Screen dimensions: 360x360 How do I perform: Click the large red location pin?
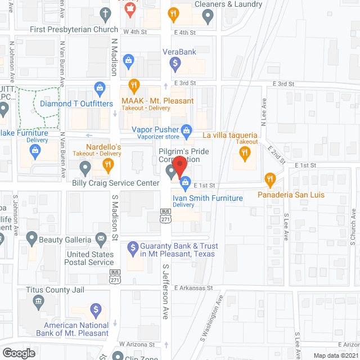point(179,167)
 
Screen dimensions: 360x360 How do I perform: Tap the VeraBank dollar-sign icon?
point(175,63)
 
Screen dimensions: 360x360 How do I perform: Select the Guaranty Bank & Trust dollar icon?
point(133,246)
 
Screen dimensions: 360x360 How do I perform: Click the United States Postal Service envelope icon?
point(101,239)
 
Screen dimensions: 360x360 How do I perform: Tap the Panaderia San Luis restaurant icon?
point(269,179)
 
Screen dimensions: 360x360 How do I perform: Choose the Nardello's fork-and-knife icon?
point(108,165)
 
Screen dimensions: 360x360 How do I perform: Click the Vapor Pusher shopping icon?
point(187,129)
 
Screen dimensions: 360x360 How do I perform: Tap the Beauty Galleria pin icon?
point(31,239)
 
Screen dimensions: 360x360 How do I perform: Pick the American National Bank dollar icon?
point(96,309)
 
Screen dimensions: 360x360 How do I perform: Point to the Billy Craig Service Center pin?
point(85,167)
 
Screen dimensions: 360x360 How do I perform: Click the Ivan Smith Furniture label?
point(208,198)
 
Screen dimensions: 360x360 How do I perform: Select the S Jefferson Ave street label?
point(165,292)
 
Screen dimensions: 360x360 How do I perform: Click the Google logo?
point(19,353)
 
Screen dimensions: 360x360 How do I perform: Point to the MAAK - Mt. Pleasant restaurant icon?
point(133,85)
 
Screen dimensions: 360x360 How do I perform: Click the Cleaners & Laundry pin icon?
point(208,17)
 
